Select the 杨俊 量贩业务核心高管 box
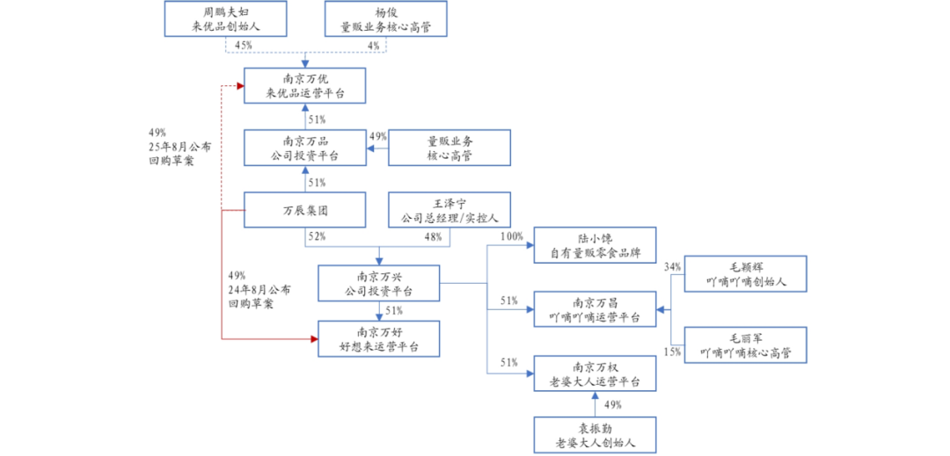(x=386, y=19)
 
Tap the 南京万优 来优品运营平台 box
(x=305, y=86)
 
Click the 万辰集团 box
(x=305, y=211)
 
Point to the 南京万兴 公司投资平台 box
(x=378, y=283)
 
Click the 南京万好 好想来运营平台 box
(x=378, y=338)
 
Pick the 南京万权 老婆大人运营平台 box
(x=596, y=373)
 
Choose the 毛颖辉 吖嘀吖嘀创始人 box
(x=745, y=274)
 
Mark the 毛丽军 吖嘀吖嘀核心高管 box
(x=745, y=345)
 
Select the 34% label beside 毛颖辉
(x=672, y=266)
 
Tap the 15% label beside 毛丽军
(x=672, y=352)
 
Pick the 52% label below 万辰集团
(x=317, y=236)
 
